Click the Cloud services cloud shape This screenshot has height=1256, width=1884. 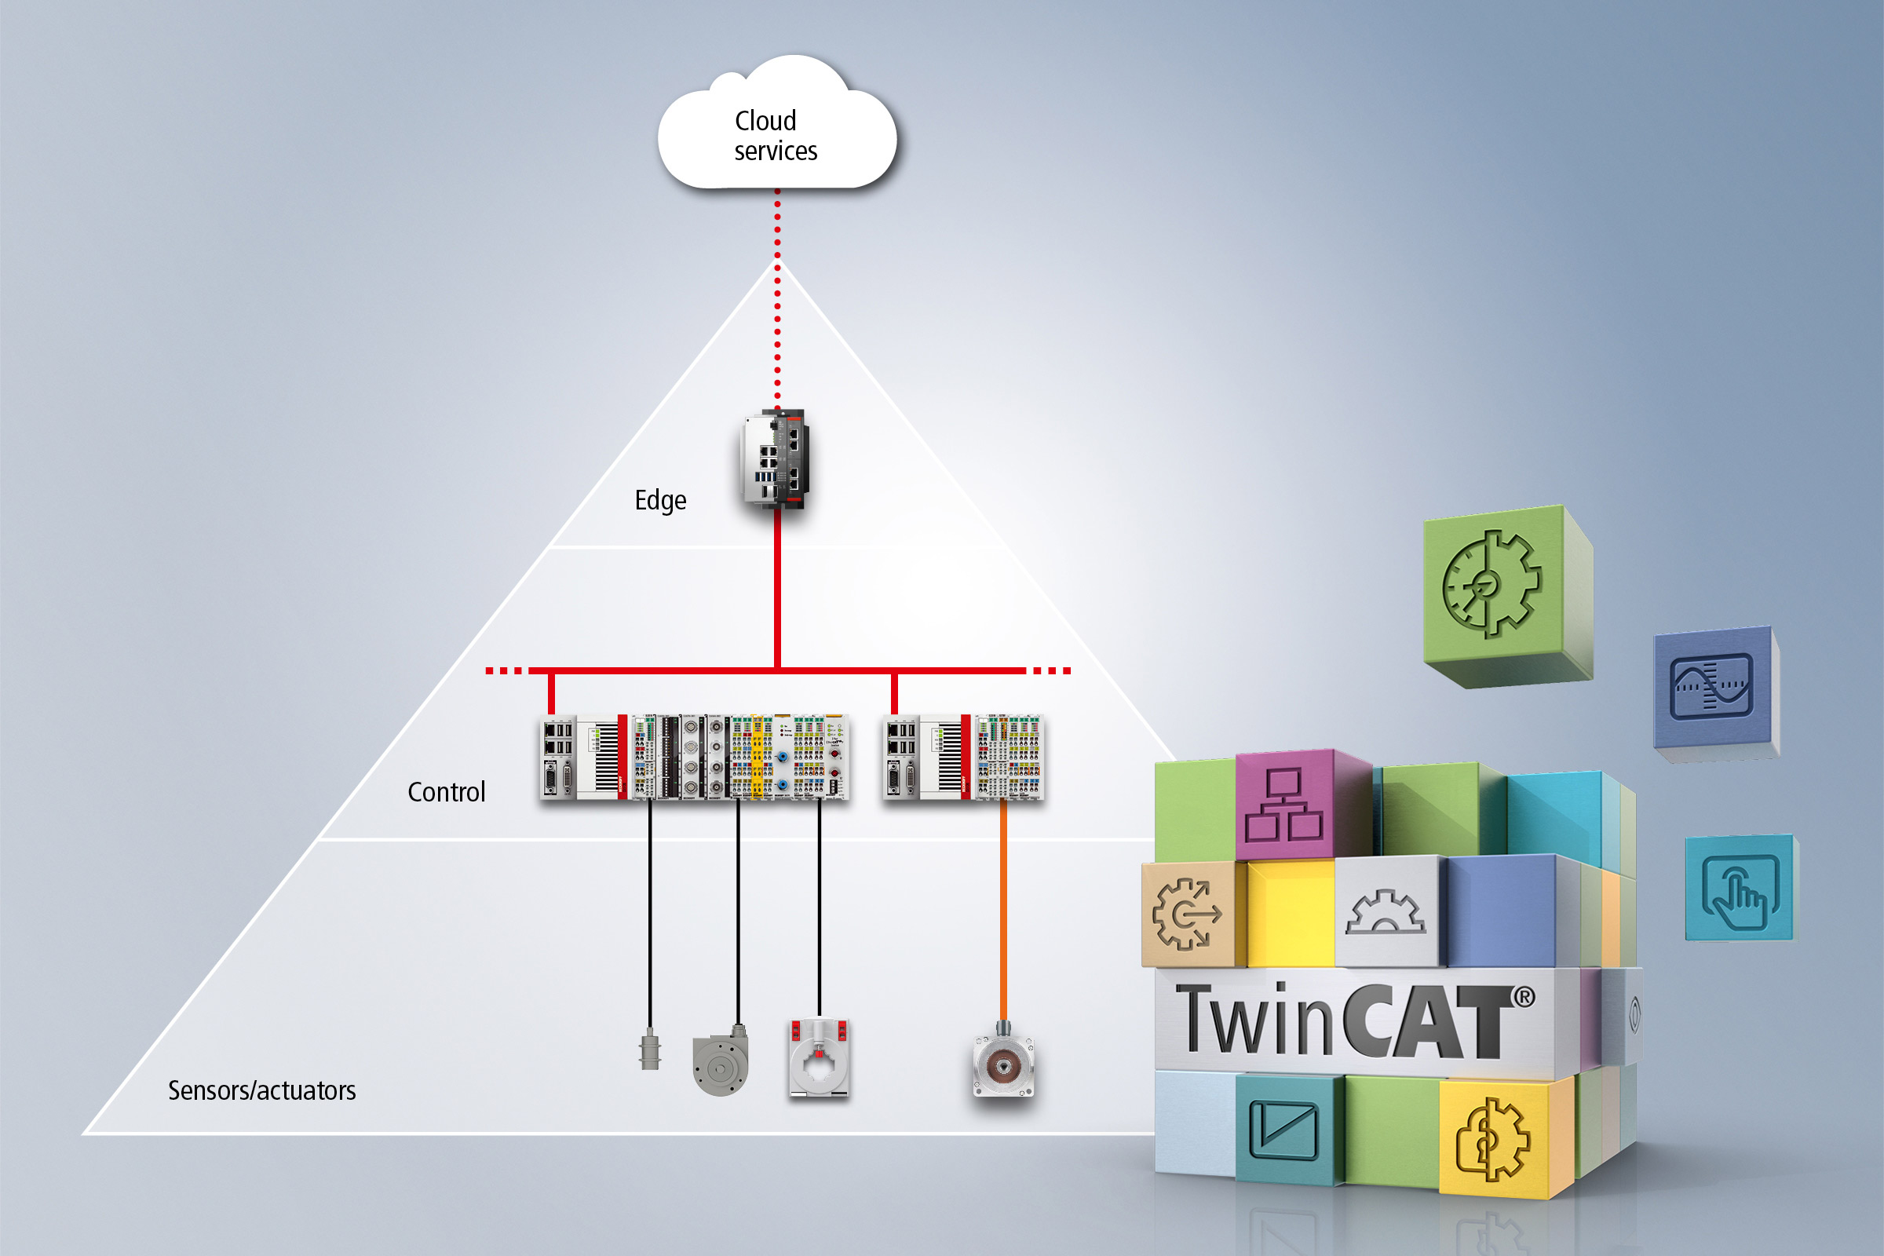pos(776,132)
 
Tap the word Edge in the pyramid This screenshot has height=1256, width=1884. pos(660,500)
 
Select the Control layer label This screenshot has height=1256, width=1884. pos(446,792)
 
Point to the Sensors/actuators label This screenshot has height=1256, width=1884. pos(261,1090)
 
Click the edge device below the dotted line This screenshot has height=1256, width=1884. pos(775,460)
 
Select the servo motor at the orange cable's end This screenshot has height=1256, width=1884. pos(1003,1064)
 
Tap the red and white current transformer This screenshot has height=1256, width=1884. pos(819,1057)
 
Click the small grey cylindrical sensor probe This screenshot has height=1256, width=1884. pos(650,1050)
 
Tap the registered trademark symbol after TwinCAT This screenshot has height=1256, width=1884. pos(1524,997)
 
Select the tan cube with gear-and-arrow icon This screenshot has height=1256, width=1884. pos(1187,913)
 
